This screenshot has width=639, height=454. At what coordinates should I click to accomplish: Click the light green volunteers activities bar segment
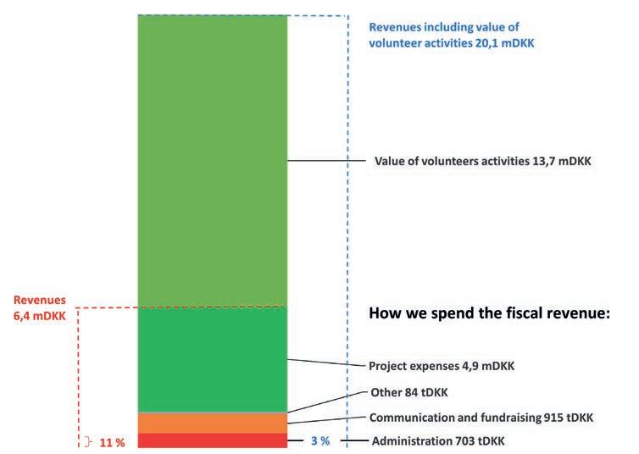tap(213, 160)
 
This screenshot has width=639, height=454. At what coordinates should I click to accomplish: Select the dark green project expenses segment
tap(213, 359)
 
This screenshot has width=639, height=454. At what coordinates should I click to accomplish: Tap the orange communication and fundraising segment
tap(213, 424)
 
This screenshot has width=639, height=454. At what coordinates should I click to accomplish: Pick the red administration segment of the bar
tap(213, 440)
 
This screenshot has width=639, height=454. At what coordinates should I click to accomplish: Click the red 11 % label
tap(112, 442)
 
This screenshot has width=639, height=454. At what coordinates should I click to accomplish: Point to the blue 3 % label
tap(320, 440)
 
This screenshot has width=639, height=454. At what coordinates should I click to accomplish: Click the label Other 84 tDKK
tap(408, 392)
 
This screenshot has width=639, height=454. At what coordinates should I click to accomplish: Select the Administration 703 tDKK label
tap(438, 441)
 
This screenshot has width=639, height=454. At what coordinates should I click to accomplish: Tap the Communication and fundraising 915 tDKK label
tap(481, 418)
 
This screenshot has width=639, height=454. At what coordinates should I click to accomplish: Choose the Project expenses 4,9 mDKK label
tap(442, 366)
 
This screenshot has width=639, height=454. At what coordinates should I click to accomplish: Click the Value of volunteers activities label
tap(482, 161)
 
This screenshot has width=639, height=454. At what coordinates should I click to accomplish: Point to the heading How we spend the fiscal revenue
tap(489, 313)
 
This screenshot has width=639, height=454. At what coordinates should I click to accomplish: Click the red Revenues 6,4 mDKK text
tap(40, 307)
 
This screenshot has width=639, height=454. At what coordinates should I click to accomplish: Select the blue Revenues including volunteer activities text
tap(451, 35)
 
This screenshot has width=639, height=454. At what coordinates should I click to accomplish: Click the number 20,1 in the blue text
tap(486, 43)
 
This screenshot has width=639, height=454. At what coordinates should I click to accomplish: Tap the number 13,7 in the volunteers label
tap(543, 161)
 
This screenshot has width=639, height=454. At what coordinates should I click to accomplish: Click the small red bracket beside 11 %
tap(88, 442)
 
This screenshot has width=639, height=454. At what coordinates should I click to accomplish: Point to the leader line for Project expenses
tap(326, 363)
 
